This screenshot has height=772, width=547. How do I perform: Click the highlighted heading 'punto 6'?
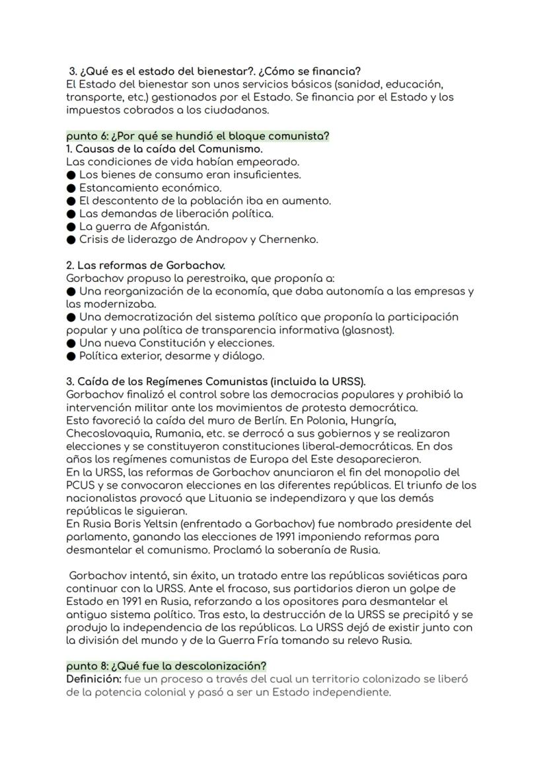point(198,136)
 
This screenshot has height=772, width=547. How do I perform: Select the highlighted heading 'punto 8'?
point(166,666)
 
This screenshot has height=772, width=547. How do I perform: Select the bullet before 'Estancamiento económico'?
point(71,188)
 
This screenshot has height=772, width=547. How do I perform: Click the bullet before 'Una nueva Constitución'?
point(71,343)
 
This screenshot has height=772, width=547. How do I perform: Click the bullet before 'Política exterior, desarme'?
point(71,356)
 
